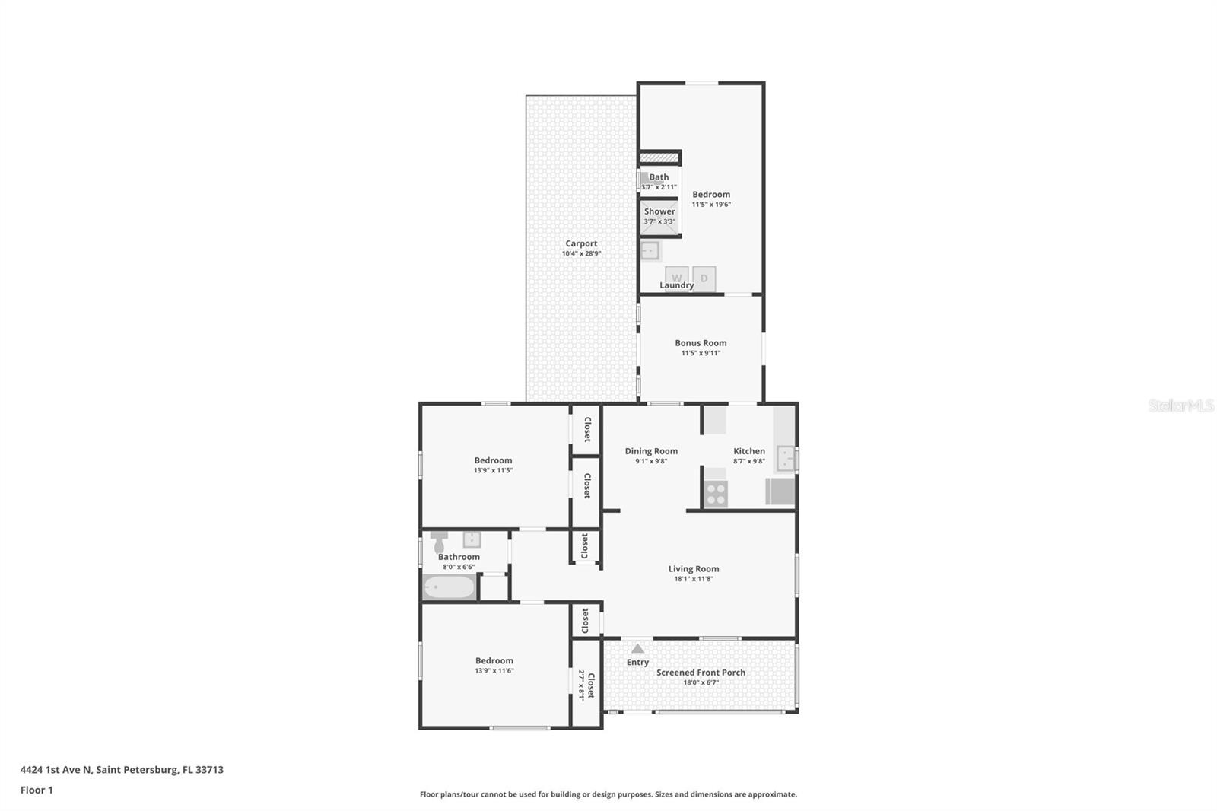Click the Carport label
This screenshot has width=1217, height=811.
pos(581,244)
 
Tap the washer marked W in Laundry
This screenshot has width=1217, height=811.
pos(676,278)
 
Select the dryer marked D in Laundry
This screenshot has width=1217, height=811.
pos(704,278)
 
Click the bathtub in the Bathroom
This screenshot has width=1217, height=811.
pos(449,587)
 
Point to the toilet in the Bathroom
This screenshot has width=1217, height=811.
pos(439,542)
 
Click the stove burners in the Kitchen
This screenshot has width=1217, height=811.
pos(716,495)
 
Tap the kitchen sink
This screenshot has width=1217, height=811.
pos(785,459)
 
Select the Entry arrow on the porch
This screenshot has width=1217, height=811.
pos(637,649)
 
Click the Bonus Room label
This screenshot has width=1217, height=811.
pos(701,343)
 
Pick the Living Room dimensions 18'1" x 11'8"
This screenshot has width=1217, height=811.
pos(693,579)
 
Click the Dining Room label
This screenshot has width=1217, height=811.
pos(651,451)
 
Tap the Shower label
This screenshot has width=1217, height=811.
pos(659,211)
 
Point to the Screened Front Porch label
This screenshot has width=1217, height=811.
pos(701,673)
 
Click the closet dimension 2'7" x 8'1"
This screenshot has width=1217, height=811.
pos(582,685)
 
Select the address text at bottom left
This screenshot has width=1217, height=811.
pos(122,770)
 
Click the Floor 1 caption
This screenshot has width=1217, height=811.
pos(37,790)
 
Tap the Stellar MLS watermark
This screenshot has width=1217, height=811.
pos(1180,406)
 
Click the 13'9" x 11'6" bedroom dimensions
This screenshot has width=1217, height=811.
pos(494,671)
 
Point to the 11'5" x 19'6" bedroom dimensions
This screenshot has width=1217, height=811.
pos(711,205)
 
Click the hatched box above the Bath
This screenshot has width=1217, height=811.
pos(659,157)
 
